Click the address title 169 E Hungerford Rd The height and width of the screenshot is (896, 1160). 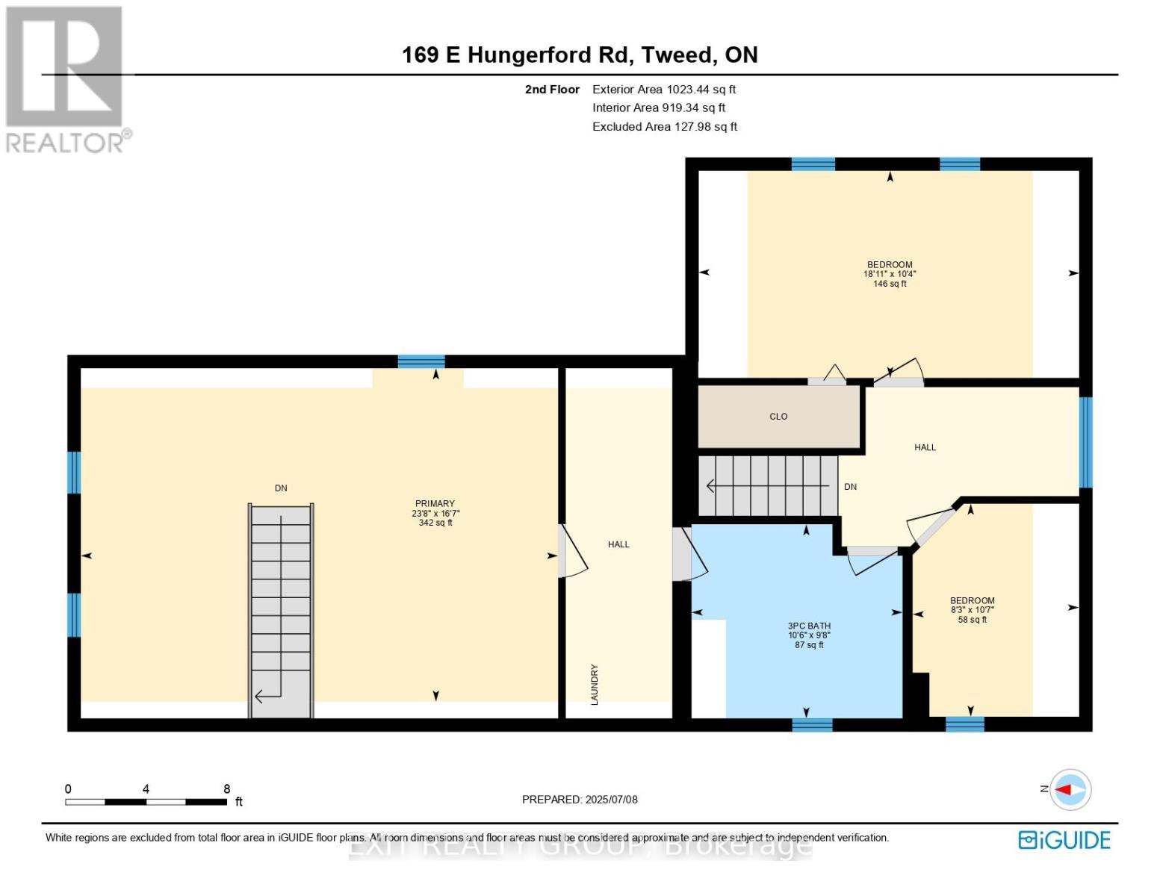click(x=580, y=55)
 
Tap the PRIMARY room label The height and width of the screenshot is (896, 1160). click(x=435, y=504)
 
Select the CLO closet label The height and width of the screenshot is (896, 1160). click(x=778, y=417)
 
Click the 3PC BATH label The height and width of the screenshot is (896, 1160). click(x=809, y=626)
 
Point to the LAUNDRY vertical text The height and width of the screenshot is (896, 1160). click(x=595, y=685)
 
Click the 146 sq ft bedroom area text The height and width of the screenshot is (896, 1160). click(x=890, y=284)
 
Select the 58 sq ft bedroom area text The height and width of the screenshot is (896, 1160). click(x=972, y=620)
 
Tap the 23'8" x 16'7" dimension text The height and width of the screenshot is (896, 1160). click(x=435, y=514)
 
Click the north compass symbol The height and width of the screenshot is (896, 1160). click(x=1070, y=789)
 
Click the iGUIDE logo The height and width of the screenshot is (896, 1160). click(x=1064, y=840)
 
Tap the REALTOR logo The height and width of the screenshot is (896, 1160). click(x=66, y=78)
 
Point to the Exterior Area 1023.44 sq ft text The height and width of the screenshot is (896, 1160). click(x=663, y=90)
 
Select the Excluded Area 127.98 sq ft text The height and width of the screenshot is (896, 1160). click(x=664, y=127)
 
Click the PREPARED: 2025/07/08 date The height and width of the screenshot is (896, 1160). click(x=580, y=800)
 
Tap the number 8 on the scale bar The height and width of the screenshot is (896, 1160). click(x=226, y=789)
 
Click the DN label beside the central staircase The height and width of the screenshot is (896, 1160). click(x=850, y=487)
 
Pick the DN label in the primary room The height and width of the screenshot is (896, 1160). click(x=281, y=488)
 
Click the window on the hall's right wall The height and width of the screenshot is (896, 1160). click(x=1085, y=442)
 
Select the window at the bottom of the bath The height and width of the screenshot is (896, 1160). click(x=812, y=724)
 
